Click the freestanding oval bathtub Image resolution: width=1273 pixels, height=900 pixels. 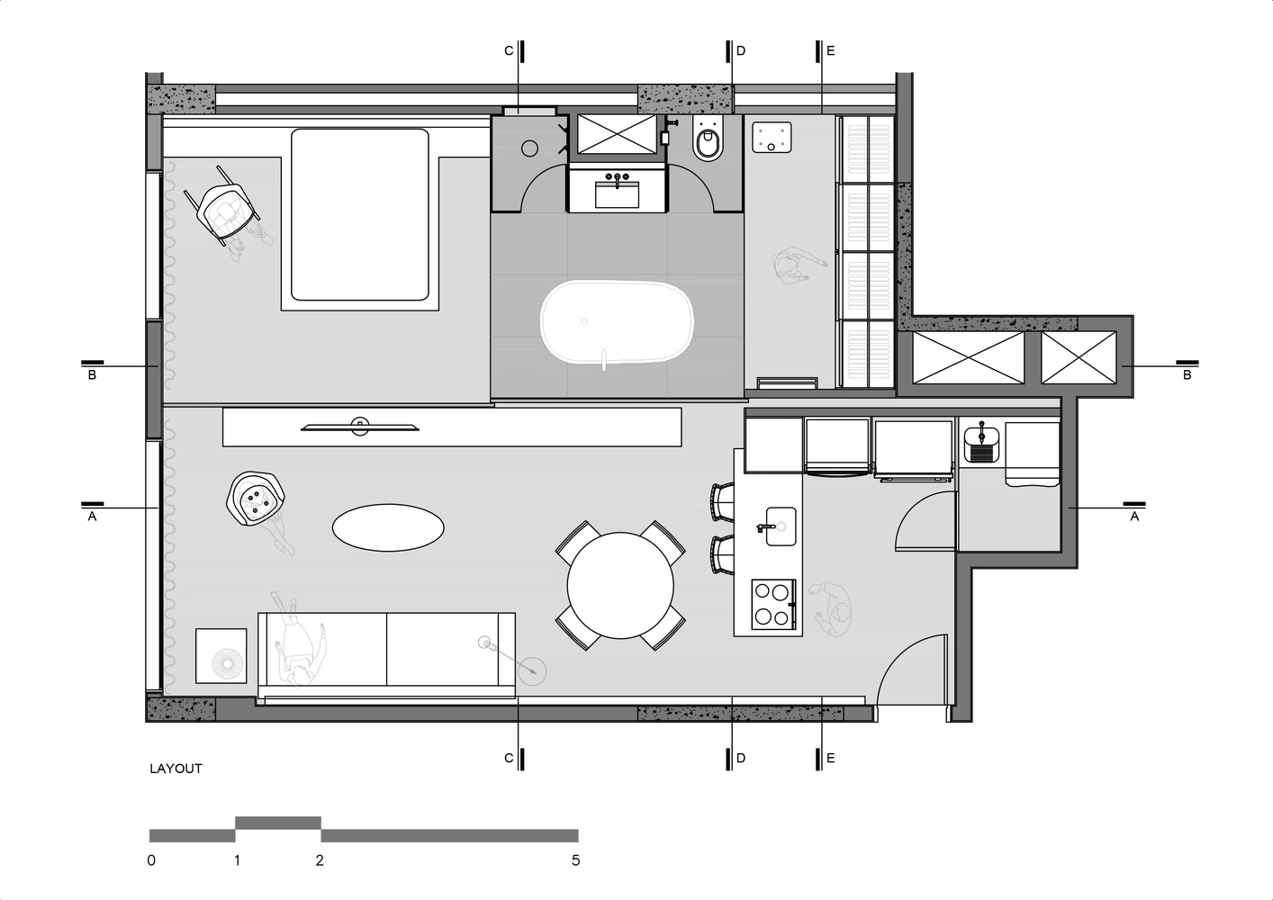617,321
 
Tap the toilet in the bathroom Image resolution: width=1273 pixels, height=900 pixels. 709,139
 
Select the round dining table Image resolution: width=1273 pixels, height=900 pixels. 620,585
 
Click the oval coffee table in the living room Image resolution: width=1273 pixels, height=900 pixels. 388,527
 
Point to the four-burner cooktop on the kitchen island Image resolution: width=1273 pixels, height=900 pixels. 773,605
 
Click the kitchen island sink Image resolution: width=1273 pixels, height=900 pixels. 781,526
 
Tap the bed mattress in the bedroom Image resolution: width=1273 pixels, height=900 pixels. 360,215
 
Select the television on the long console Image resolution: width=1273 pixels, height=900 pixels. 360,427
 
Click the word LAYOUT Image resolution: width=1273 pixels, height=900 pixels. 176,769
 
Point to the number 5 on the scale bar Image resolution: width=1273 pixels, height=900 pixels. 575,860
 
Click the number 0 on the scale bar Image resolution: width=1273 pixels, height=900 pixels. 151,860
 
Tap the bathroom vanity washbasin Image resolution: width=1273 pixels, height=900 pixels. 618,194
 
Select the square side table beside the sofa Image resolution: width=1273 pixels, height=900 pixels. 221,656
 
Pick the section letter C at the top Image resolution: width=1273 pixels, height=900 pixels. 509,51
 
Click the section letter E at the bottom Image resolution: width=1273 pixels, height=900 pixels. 830,758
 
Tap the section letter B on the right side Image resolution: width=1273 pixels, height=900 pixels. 1187,375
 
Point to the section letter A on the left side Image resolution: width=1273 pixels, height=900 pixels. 92,517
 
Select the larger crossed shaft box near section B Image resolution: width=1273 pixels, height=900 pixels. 968,357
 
